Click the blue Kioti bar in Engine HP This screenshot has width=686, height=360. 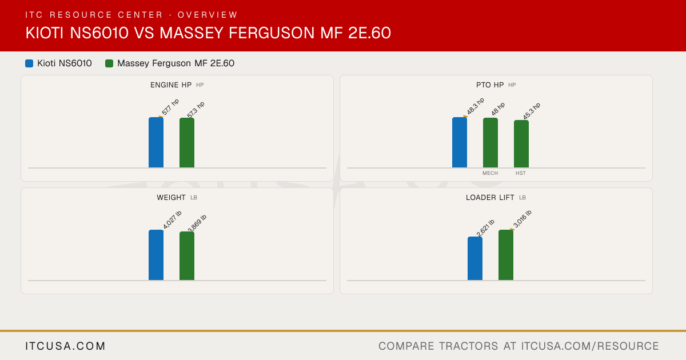coord(156,142)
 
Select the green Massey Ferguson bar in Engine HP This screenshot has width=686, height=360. coord(187,143)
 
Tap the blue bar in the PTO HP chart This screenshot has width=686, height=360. coord(460,142)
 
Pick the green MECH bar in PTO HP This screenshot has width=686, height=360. coord(490,143)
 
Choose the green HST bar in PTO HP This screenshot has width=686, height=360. coord(521,144)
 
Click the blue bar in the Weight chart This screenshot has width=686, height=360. coord(156,255)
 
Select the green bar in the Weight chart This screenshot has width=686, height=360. coord(187,256)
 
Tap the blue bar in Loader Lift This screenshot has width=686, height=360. coord(475,258)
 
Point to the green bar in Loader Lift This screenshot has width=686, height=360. coord(506,255)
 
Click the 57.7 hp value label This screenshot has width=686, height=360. coord(170,107)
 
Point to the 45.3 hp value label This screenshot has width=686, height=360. coord(532,111)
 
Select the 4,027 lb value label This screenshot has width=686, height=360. coord(172,219)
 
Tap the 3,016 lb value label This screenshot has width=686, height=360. coord(522,219)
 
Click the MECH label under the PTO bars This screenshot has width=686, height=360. coord(490,173)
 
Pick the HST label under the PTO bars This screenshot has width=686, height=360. coord(521,173)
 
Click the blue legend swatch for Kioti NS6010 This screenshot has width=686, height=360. coord(29,63)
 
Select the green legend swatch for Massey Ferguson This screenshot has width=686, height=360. coord(109,63)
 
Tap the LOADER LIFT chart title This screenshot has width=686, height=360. coord(490,198)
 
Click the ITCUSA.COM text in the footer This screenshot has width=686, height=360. coord(65,346)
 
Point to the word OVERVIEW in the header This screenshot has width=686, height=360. coord(208,15)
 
